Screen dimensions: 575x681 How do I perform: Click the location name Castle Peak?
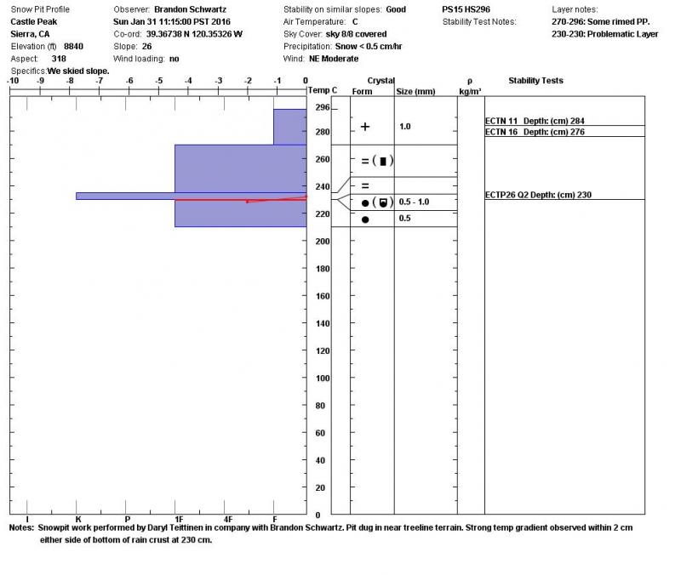(34, 21)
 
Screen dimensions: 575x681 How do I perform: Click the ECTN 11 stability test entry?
(535, 121)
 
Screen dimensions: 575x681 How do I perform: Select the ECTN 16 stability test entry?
(535, 132)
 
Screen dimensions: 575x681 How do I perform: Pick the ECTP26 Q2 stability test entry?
(538, 195)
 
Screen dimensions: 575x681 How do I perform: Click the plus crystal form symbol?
(365, 127)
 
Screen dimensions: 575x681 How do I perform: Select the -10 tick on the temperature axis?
(13, 81)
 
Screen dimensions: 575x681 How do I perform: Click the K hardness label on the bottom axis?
(77, 518)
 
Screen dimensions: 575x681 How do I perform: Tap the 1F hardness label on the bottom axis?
(178, 518)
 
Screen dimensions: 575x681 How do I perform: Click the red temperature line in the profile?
(272, 200)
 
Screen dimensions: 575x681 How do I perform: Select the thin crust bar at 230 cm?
(128, 196)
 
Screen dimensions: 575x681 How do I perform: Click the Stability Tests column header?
(535, 81)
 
